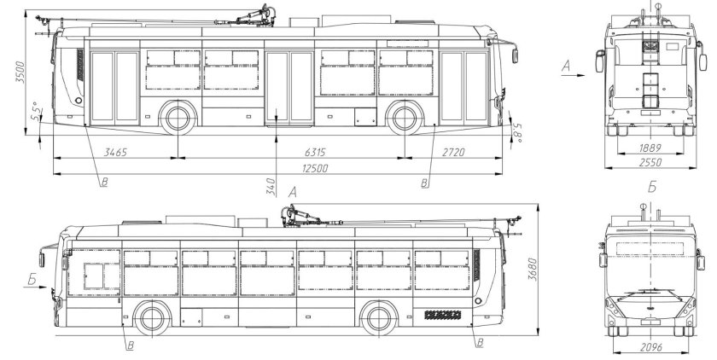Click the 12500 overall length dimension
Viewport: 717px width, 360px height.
pyautogui.click(x=315, y=168)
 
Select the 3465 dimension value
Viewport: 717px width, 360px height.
pyautogui.click(x=114, y=152)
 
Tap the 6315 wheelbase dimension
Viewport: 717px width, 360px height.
pyautogui.click(x=316, y=152)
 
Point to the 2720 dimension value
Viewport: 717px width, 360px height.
pyautogui.click(x=453, y=152)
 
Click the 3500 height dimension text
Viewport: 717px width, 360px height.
pyautogui.click(x=20, y=72)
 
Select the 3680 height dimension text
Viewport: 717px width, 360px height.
pyautogui.click(x=532, y=269)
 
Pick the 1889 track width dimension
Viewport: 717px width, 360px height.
pyautogui.click(x=650, y=148)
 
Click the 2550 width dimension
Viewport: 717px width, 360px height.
pyautogui.click(x=650, y=162)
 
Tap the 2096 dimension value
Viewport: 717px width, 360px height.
pyautogui.click(x=651, y=347)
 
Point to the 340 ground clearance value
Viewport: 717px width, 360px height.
pyautogui.click(x=271, y=186)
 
